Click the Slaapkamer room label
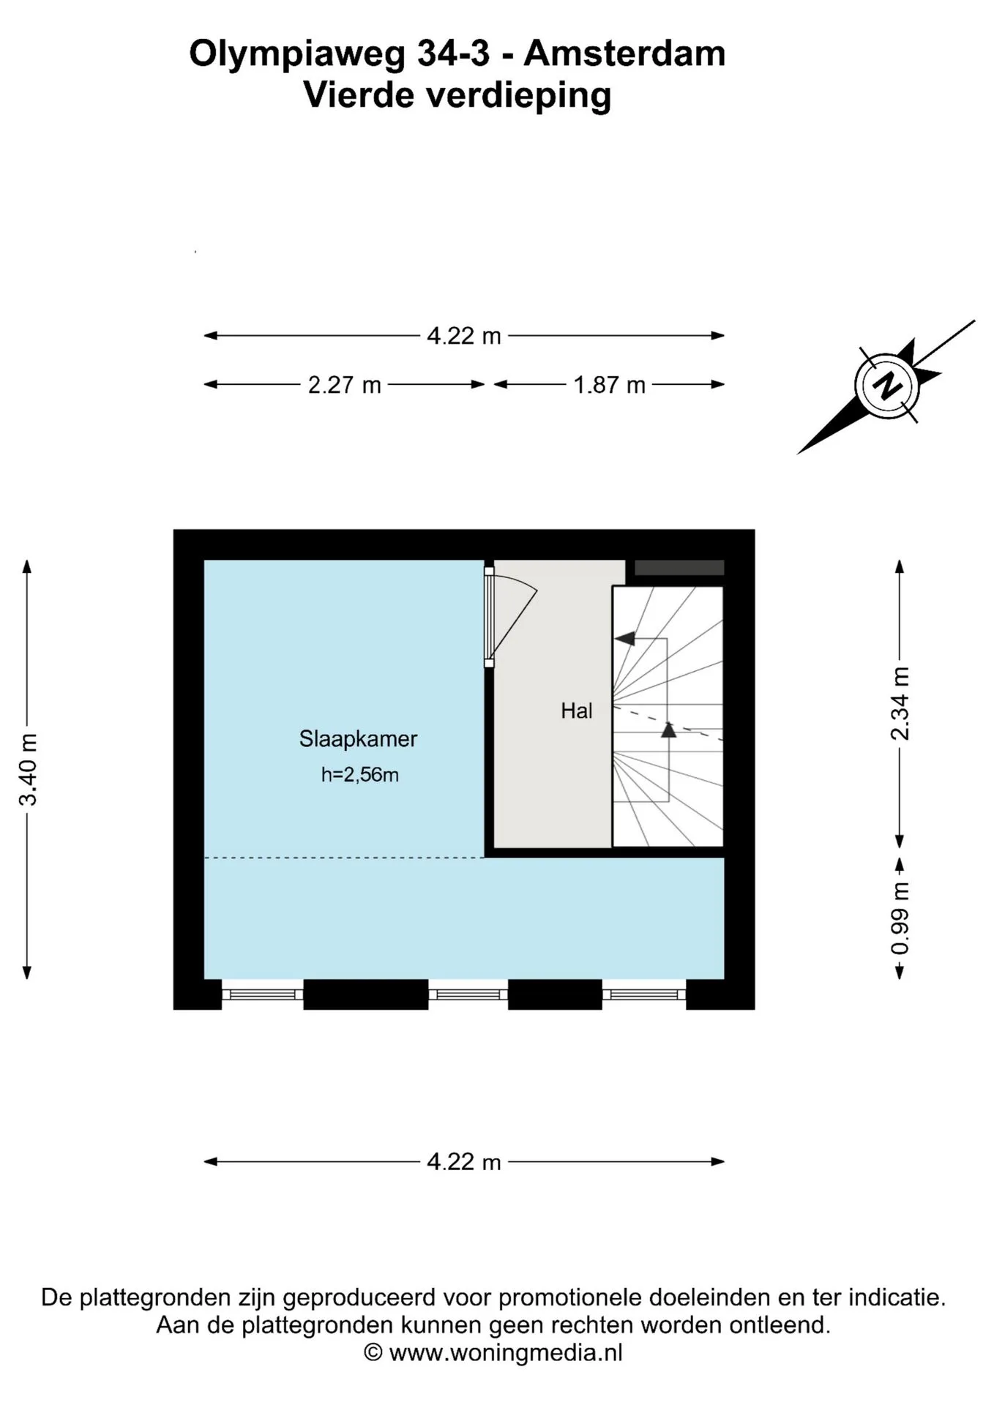click(x=358, y=739)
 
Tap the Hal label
click(x=577, y=711)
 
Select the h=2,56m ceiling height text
click(x=359, y=774)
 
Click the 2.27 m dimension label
click(x=344, y=385)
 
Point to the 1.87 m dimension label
click(x=609, y=385)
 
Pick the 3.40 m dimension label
click(x=28, y=769)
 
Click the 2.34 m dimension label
click(x=900, y=704)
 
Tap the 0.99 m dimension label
click(x=900, y=918)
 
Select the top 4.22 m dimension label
click(x=464, y=336)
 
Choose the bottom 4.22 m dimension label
click(x=464, y=1162)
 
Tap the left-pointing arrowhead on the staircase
click(x=624, y=638)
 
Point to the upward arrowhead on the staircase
click(x=668, y=729)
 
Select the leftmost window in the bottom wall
click(x=263, y=994)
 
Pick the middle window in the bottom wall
click(x=468, y=994)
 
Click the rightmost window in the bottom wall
click(x=644, y=994)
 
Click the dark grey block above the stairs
click(x=679, y=568)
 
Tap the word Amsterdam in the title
click(x=624, y=54)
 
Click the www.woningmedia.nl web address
click(x=506, y=1353)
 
